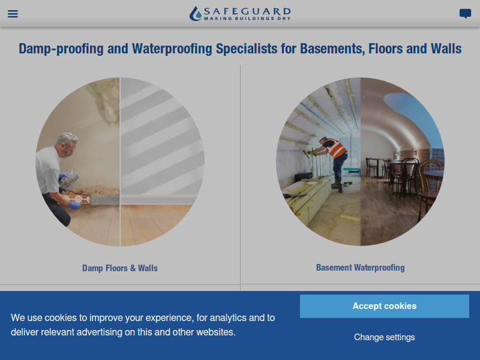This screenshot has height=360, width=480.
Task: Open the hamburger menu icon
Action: point(13,14)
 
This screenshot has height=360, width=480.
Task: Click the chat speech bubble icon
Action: point(465,14)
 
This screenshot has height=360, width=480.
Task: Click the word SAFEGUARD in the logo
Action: point(247,11)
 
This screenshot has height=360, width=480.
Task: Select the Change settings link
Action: point(385,337)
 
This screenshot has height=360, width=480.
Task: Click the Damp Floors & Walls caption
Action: point(120,268)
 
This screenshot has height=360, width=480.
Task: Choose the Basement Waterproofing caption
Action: point(361,268)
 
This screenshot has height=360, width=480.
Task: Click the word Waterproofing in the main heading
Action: point(172,49)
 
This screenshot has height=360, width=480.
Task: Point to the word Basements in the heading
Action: point(332,49)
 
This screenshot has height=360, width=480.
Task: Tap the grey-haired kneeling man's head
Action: point(66,144)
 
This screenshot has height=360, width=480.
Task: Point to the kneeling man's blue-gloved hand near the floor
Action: point(74,205)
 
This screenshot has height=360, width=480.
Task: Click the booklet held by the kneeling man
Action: point(69,181)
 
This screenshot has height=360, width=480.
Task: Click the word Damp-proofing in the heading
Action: point(61,49)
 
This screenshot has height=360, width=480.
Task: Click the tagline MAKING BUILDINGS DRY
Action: point(247,19)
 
